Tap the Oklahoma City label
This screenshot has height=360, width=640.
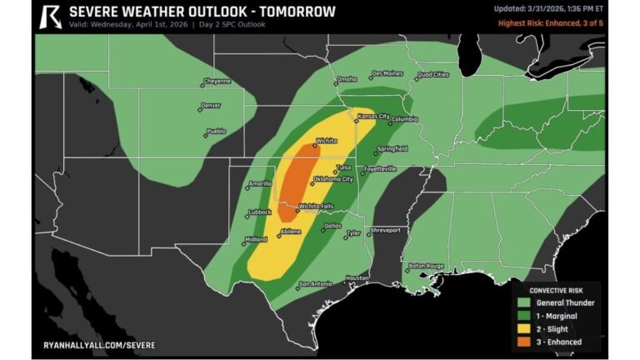(332, 179)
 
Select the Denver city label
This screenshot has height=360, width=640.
(210, 106)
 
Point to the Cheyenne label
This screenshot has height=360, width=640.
(216, 81)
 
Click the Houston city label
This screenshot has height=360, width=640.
(357, 277)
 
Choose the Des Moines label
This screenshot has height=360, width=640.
(387, 73)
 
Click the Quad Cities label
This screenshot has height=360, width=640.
(432, 74)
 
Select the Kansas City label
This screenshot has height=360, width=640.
(372, 116)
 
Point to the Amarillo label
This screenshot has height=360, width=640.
(261, 183)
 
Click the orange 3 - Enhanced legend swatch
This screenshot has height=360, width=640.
(523, 342)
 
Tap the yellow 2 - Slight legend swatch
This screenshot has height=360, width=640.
(523, 328)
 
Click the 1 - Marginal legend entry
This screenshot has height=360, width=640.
(556, 316)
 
